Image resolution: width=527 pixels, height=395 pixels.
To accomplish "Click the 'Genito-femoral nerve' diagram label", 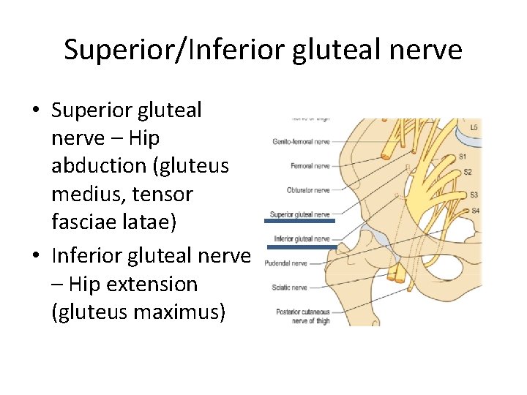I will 301,141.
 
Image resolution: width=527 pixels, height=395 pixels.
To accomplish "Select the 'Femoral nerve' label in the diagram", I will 310,166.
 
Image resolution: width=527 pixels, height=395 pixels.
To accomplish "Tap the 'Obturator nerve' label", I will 308,190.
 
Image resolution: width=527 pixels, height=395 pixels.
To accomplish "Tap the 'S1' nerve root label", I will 463,157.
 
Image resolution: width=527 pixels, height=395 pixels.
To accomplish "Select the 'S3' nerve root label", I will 474,195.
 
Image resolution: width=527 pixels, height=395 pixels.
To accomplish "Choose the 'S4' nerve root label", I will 475,211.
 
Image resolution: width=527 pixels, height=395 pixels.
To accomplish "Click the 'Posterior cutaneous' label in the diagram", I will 302,312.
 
